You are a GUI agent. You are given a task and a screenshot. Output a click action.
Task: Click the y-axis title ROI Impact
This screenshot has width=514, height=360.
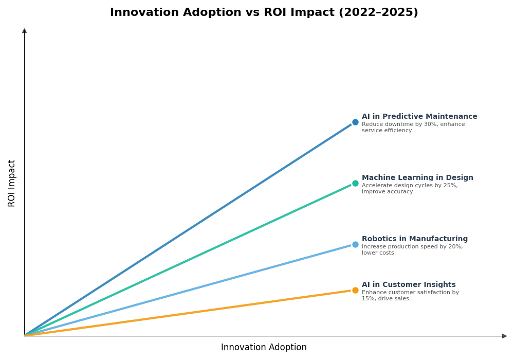[12, 183]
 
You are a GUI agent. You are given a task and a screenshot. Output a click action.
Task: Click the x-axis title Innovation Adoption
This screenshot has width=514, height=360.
[264, 348]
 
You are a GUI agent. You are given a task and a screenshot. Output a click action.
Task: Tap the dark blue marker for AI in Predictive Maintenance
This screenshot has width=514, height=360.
[355, 122]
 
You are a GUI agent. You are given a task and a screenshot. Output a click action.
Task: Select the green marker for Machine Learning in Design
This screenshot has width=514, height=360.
[355, 184]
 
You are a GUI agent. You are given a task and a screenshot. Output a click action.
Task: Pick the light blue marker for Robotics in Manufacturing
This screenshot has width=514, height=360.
[355, 245]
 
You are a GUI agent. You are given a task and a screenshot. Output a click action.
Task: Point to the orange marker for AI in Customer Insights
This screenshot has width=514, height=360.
[355, 291]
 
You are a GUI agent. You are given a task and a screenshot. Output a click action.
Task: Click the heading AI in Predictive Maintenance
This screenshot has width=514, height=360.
[419, 117]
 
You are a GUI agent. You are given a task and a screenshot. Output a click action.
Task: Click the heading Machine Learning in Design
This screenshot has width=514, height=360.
[417, 178]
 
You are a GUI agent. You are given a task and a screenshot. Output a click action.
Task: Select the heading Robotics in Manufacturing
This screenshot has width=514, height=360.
[415, 239]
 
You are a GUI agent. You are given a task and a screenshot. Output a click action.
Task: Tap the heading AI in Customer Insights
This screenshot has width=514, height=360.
[409, 285]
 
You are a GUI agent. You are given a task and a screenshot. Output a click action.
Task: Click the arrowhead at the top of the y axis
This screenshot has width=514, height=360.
[24, 31]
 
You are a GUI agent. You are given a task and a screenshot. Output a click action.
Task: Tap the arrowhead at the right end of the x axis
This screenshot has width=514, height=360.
[504, 336]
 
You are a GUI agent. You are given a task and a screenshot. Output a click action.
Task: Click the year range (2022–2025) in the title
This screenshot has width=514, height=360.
[378, 13]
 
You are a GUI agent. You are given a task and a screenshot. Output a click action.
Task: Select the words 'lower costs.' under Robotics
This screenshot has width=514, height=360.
[379, 253]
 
